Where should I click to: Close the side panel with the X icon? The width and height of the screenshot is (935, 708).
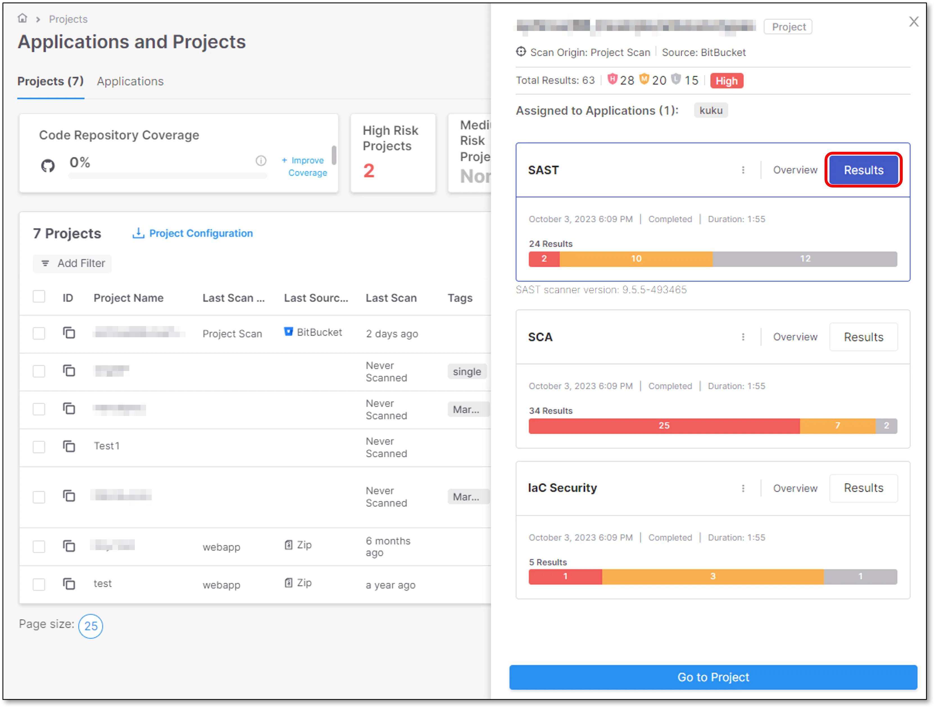[x=913, y=22]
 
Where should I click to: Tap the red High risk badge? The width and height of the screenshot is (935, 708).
[x=726, y=81]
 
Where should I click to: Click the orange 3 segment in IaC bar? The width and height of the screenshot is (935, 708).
[x=713, y=576]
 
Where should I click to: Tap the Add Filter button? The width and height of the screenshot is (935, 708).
[x=73, y=263]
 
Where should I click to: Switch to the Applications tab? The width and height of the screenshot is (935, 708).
[x=130, y=81]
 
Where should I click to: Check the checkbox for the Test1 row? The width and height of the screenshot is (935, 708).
[x=39, y=447]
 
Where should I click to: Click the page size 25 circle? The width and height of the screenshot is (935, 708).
[x=90, y=626]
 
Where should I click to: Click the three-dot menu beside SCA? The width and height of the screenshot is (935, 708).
[x=743, y=337]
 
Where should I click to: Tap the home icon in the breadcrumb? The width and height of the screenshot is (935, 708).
[x=22, y=18]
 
